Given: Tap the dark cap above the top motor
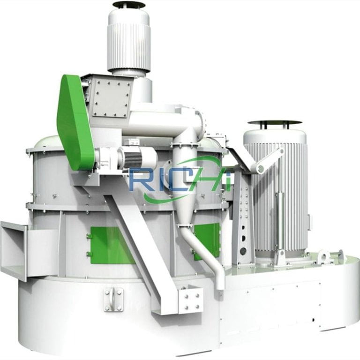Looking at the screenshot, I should pyautogui.click(x=129, y=5).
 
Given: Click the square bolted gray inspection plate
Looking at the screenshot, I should pyautogui.click(x=111, y=98).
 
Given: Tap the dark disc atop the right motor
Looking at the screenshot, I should pyautogui.click(x=274, y=123).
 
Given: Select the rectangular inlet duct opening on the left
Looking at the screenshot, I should pyautogui.click(x=13, y=248).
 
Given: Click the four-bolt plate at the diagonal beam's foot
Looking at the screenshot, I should pyautogui.click(x=190, y=300).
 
